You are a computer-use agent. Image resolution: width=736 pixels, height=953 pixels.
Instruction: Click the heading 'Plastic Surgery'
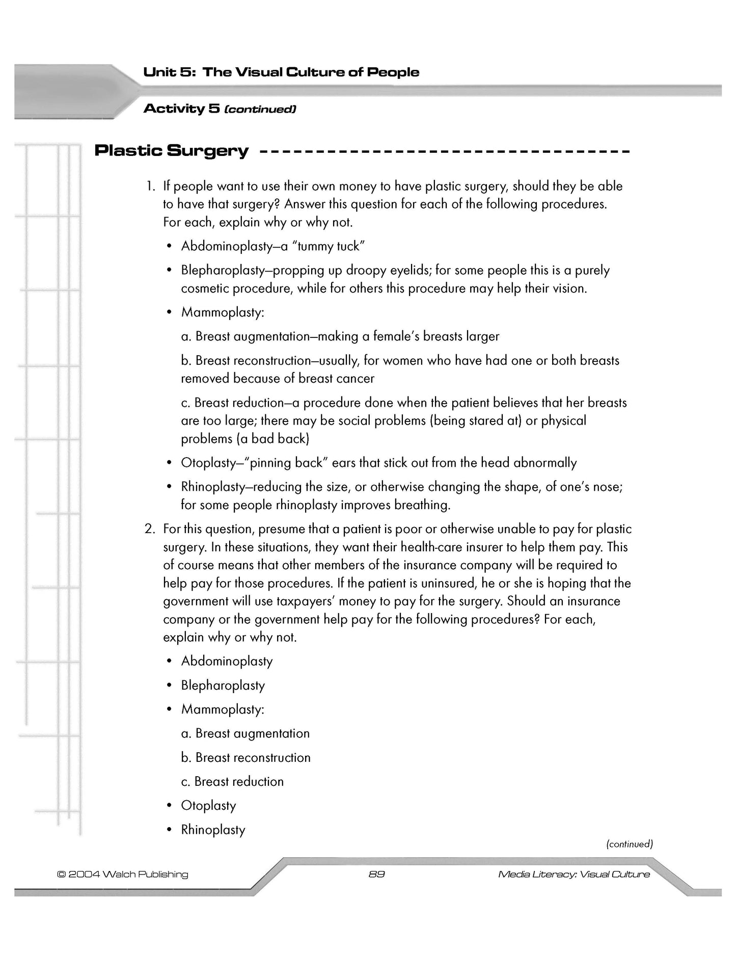(x=172, y=151)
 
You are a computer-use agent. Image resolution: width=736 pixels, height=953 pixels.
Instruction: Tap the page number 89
(x=376, y=874)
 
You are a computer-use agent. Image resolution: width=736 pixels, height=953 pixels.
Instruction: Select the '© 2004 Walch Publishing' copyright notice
(x=123, y=874)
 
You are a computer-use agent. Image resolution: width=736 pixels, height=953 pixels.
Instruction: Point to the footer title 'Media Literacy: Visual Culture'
(x=574, y=874)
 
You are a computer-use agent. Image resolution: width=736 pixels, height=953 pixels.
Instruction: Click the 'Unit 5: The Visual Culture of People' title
(x=281, y=72)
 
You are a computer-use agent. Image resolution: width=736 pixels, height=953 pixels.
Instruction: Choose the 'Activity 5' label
(x=181, y=109)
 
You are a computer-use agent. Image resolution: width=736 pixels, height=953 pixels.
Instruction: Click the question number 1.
(x=150, y=186)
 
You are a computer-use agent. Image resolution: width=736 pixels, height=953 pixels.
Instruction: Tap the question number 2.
(x=149, y=529)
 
